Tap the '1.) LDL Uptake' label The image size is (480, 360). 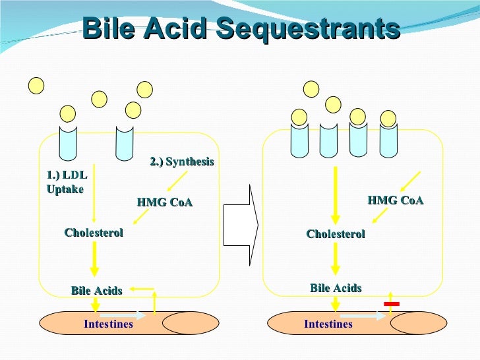point(67,182)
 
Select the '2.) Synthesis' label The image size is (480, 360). point(182,162)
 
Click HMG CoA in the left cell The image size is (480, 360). point(165,202)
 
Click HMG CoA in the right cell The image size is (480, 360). point(395,200)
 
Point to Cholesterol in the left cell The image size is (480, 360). point(94,232)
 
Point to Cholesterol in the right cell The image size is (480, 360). point(336,234)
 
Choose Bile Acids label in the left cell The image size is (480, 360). point(96,291)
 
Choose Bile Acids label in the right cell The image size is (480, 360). point(336,288)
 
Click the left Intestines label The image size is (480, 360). point(108,324)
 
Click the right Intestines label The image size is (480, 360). point(328,324)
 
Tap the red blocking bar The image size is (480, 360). point(392,303)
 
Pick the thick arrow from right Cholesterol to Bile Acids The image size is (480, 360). point(336,258)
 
